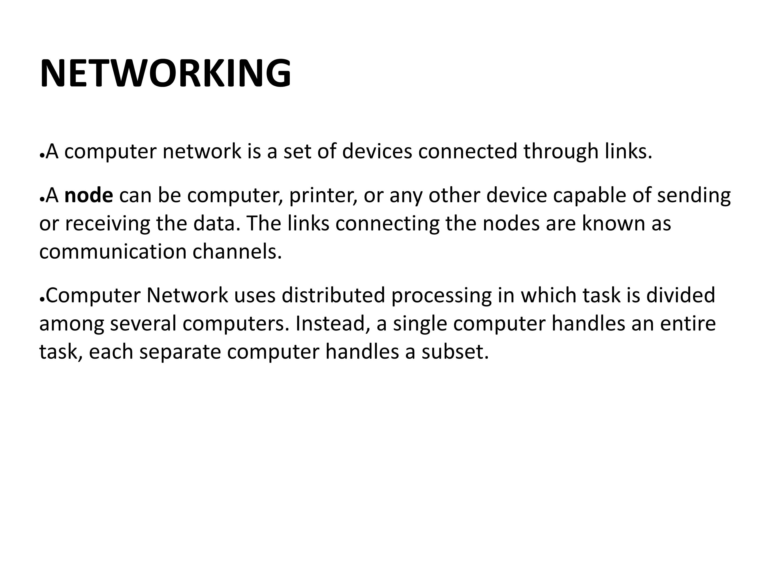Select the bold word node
pos(89,195)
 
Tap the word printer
pos(323,195)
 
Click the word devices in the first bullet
pos(377,151)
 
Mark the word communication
pos(113,252)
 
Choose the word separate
pos(180,352)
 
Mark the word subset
pos(455,352)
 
